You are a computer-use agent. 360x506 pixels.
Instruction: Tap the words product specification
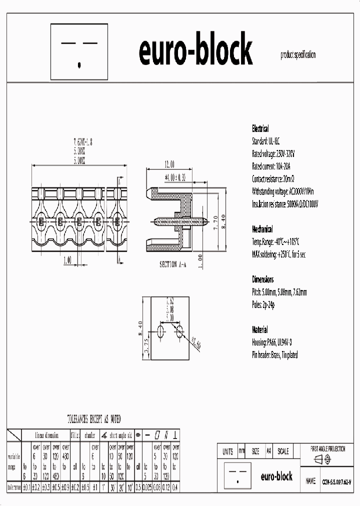pyautogui.click(x=298, y=55)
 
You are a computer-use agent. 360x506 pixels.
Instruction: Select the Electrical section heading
pyautogui.click(x=260, y=128)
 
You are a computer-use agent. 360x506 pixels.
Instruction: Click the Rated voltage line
pyautogui.click(x=273, y=153)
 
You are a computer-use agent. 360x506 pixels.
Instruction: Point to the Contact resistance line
pyautogui.click(x=273, y=178)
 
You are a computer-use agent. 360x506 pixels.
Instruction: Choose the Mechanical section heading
pyautogui.click(x=262, y=229)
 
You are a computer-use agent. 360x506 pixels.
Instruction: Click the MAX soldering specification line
pyautogui.click(x=278, y=254)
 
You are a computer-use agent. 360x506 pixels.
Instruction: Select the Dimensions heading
pyautogui.click(x=262, y=279)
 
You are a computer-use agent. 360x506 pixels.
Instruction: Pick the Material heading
pyautogui.click(x=259, y=330)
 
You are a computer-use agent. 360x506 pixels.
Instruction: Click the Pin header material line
pyautogui.click(x=275, y=355)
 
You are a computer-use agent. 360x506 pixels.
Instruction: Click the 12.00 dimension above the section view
pyautogui.click(x=169, y=164)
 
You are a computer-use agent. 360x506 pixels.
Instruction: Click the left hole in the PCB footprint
pyautogui.click(x=160, y=331)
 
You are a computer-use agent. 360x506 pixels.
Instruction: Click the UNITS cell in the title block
pyautogui.click(x=227, y=451)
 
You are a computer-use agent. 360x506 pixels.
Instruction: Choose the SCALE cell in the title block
pyautogui.click(x=283, y=451)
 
